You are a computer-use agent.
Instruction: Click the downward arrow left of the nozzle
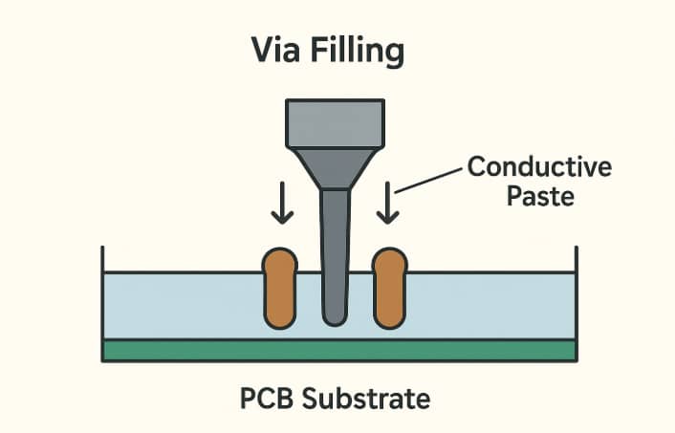point(281,206)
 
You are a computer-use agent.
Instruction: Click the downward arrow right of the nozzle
point(387,206)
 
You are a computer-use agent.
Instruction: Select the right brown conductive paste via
point(390,287)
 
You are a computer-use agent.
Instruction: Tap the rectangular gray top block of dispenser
point(335,123)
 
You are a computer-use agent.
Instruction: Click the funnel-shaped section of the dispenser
point(335,168)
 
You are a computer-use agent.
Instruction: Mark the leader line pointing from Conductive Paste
point(429,181)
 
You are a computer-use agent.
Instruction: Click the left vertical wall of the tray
point(102,287)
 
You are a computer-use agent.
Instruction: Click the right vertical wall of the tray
point(576,287)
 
